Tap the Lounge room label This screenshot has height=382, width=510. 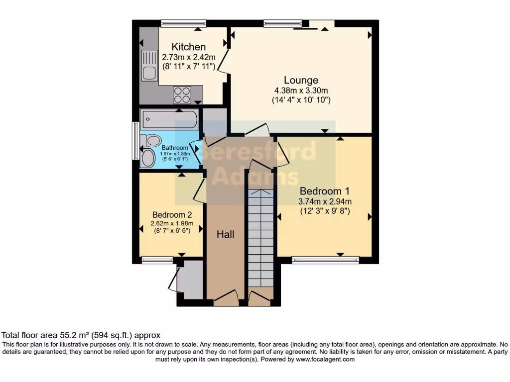pos(301,80)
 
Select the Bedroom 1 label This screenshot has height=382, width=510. pos(324,191)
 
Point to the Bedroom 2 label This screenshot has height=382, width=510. pos(172,214)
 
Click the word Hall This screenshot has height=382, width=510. pos(225,234)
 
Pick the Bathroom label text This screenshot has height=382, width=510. pos(175,148)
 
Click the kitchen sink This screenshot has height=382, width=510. pos(149,66)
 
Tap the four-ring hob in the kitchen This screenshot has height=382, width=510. pos(182,94)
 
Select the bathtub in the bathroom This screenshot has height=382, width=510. pos(169,120)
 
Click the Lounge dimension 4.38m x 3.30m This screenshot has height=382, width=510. pos(301,91)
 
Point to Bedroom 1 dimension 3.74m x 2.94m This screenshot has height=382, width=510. pos(325,201)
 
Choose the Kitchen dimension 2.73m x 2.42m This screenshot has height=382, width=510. pos(189,57)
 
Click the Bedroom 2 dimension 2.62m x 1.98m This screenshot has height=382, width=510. pos(172,223)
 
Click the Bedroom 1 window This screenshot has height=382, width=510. pos(325,259)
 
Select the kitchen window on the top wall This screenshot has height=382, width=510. pos(183,23)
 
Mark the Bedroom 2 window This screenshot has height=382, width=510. pos(157,259)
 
